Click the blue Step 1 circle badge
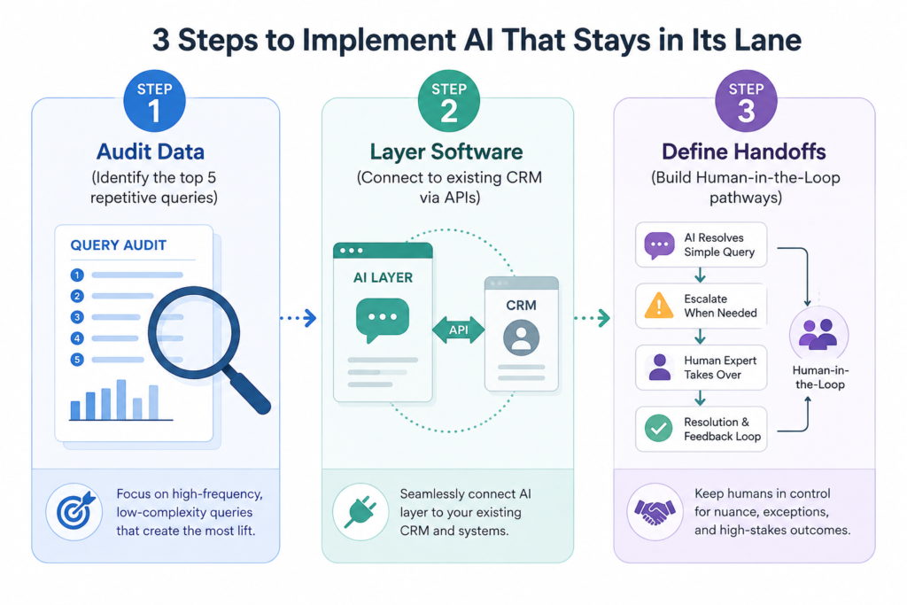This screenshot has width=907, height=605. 154,101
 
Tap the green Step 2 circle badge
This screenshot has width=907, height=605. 449,101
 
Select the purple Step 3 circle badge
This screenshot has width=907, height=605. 746,101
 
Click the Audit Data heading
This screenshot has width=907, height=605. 151,151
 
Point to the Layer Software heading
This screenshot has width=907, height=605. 446,151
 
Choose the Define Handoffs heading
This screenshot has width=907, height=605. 744,151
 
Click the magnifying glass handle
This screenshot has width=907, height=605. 248,391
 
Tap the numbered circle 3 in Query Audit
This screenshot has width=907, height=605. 77,317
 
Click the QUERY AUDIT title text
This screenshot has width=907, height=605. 119,245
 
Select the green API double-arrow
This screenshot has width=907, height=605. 459,330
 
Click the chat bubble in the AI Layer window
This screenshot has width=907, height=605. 383,320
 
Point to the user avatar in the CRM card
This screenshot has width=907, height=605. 521,337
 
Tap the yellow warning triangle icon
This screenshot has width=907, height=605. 659,306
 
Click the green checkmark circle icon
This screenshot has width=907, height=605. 659,429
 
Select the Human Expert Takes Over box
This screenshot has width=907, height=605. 702,368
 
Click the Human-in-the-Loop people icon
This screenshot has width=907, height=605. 818,334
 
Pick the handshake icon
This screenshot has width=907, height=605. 655,512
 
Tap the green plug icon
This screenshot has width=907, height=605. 360,512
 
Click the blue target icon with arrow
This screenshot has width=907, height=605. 74,511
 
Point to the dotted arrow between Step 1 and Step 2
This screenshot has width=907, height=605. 298,318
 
